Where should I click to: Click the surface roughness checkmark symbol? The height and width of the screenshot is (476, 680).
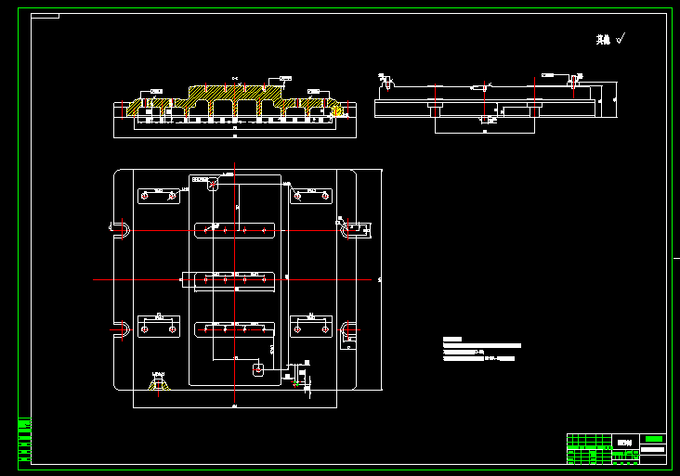click(x=621, y=38)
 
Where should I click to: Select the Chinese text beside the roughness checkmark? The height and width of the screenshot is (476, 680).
click(x=603, y=40)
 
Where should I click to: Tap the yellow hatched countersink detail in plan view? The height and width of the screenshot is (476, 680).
click(x=159, y=381)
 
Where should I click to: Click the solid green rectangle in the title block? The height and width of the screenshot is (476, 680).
click(x=654, y=439)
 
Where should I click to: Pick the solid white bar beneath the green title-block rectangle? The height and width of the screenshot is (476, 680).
click(x=653, y=449)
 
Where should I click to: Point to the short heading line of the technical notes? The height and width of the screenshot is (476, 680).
click(x=452, y=339)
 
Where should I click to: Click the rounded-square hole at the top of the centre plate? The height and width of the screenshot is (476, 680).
click(x=213, y=184)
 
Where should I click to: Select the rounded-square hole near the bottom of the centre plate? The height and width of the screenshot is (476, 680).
click(x=258, y=369)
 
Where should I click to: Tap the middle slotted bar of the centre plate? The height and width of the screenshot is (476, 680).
click(x=229, y=277)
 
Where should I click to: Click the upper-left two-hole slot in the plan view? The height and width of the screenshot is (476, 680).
click(x=158, y=196)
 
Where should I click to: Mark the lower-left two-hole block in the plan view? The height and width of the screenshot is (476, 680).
click(x=158, y=328)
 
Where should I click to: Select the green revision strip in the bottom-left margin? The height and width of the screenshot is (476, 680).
click(x=24, y=440)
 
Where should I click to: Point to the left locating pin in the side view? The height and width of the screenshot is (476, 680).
click(x=386, y=80)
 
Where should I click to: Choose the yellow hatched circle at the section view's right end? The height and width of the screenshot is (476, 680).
click(x=338, y=111)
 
